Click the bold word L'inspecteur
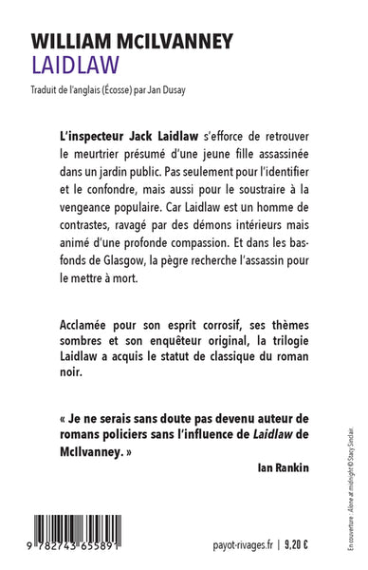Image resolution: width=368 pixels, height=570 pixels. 94,139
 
